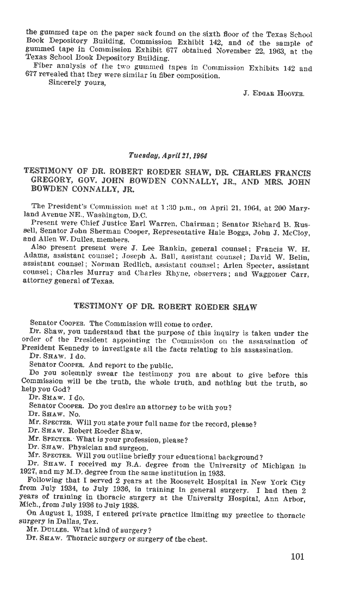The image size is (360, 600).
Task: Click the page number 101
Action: (x=297, y=556)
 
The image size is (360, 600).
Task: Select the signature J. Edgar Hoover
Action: (x=274, y=93)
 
